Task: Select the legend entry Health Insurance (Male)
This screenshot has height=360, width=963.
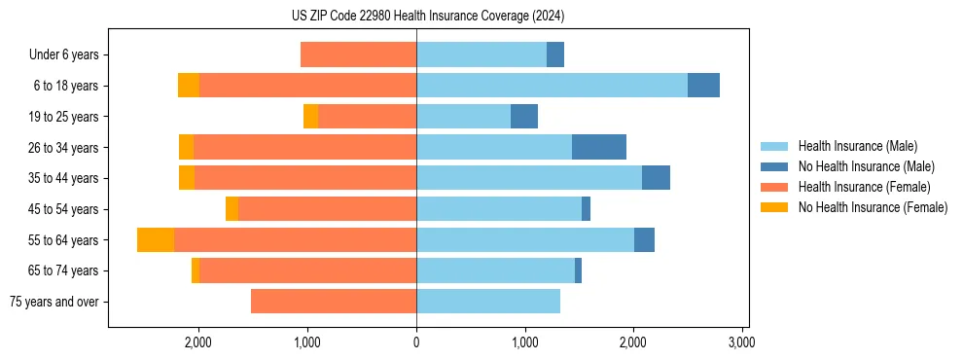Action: (857, 146)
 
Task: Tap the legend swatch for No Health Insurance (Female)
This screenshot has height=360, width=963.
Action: (775, 207)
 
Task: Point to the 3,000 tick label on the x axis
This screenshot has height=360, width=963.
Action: (742, 342)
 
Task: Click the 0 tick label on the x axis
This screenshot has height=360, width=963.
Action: (416, 342)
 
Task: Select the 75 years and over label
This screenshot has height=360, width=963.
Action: (54, 302)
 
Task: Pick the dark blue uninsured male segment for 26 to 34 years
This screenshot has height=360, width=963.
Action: (599, 147)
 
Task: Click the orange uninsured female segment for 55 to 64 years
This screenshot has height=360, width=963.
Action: (156, 239)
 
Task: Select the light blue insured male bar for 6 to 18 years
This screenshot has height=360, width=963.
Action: (552, 86)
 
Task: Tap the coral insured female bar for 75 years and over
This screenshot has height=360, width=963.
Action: (334, 302)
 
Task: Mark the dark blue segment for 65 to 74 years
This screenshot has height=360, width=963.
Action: (578, 270)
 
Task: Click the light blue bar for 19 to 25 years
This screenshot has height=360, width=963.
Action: (463, 117)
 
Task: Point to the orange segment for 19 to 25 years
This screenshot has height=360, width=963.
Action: (311, 117)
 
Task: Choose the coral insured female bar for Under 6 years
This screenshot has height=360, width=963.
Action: (358, 55)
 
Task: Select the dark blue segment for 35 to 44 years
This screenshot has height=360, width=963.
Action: (656, 178)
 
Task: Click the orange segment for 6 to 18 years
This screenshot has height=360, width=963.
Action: (189, 86)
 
